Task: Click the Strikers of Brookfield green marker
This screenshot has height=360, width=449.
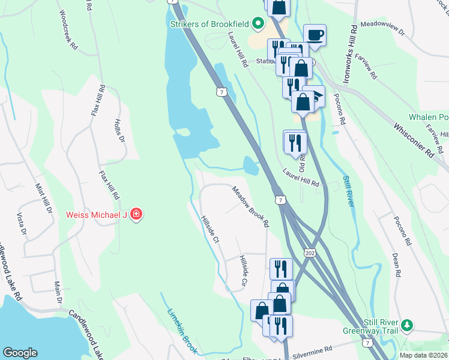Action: pos(259,25)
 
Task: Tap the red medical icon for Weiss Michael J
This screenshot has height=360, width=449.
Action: pos(136,214)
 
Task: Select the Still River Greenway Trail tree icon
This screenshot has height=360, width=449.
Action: pos(408,325)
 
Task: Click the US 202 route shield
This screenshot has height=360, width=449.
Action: pos(310,248)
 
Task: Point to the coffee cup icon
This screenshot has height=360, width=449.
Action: pos(315,35)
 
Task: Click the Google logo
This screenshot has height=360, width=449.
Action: pos(20,353)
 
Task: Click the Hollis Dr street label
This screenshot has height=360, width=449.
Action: pos(119,131)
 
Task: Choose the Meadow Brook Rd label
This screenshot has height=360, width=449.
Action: pos(250,206)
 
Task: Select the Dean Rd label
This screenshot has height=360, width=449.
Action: pos(396,265)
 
